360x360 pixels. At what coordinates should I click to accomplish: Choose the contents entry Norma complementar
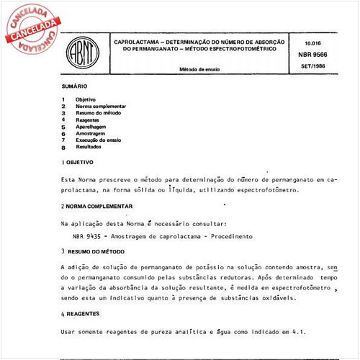click(106, 106)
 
